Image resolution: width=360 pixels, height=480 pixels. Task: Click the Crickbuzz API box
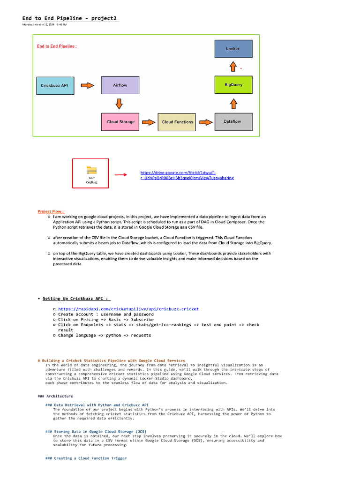click(54, 85)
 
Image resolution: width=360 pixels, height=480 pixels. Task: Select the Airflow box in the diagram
click(120, 85)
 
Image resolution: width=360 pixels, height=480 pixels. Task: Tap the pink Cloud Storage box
click(120, 122)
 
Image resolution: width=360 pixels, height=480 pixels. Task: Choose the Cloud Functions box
click(177, 122)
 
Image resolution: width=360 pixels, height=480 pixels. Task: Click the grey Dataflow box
click(233, 121)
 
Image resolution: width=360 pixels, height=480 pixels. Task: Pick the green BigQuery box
click(233, 85)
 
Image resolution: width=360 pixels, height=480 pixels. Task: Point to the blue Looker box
click(233, 49)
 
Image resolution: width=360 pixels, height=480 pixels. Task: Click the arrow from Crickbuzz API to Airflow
click(88, 85)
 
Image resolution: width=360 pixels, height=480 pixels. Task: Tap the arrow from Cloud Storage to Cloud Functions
click(148, 122)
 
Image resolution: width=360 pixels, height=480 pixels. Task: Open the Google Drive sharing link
click(187, 175)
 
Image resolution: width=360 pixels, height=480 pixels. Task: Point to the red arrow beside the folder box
click(120, 175)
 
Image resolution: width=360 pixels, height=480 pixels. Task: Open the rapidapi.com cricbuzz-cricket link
click(128, 309)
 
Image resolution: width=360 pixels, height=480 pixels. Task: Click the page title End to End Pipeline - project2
click(69, 18)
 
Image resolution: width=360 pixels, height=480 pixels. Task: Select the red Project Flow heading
click(51, 211)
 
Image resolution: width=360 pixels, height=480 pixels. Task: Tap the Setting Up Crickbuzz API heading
click(76, 298)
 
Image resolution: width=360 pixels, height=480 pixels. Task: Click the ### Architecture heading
click(55, 396)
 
